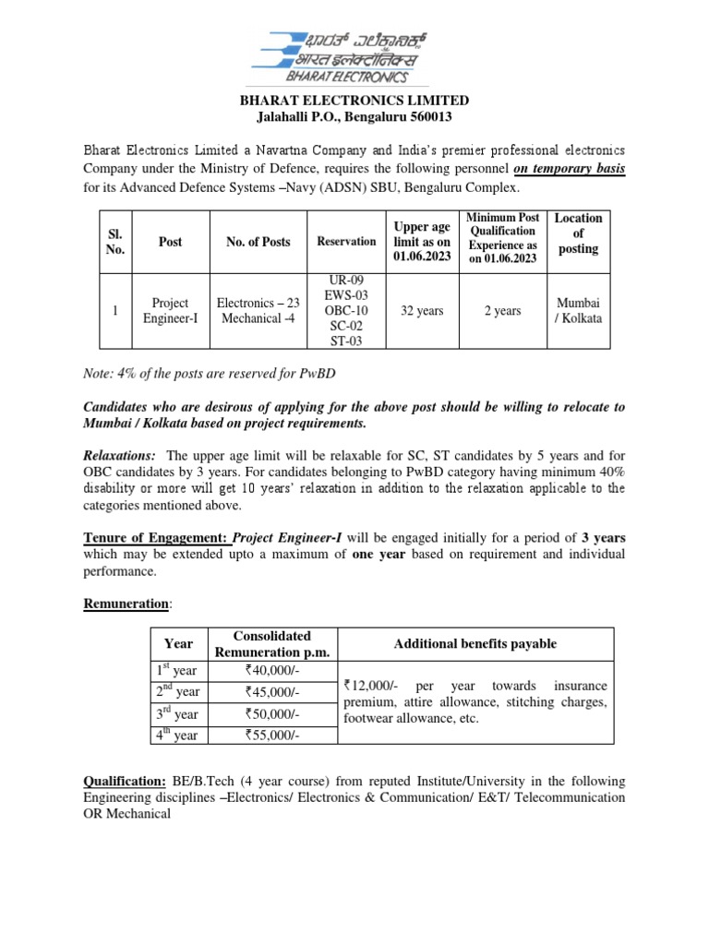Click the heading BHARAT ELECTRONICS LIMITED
click(x=354, y=100)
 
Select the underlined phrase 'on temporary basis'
click(x=569, y=169)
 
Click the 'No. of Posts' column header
click(x=258, y=242)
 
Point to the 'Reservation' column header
click(x=346, y=242)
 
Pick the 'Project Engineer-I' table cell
click(x=170, y=311)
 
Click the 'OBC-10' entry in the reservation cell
click(x=346, y=311)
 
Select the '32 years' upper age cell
click(x=421, y=311)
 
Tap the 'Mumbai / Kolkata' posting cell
click(x=579, y=311)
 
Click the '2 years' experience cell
click(x=502, y=311)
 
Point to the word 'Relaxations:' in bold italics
click(x=120, y=456)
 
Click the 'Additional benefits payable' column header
click(x=475, y=644)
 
